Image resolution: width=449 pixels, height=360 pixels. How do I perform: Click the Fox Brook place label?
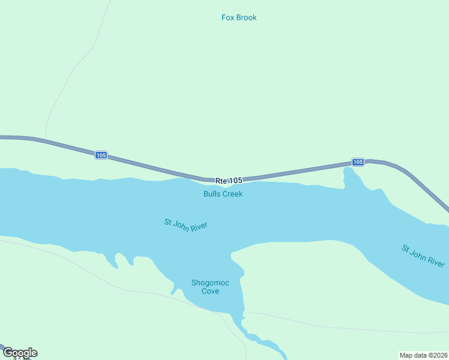click(239, 17)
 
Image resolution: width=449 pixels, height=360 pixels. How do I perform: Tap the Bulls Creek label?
click(223, 194)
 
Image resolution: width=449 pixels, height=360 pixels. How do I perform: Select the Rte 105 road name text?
click(229, 180)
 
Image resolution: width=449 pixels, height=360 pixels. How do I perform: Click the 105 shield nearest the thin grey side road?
click(101, 155)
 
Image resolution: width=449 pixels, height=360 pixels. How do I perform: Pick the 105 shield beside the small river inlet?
click(358, 162)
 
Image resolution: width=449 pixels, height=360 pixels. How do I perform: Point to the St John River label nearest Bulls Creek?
click(185, 224)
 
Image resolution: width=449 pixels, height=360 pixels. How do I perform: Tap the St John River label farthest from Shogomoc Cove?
click(424, 256)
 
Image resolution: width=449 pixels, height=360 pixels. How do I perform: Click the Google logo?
click(20, 353)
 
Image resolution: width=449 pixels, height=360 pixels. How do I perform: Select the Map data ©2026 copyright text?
click(424, 355)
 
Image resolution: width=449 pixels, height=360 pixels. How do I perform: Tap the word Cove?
click(210, 291)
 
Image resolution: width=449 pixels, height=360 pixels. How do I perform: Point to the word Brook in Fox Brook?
click(247, 17)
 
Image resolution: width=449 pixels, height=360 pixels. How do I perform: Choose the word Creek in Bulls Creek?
click(233, 194)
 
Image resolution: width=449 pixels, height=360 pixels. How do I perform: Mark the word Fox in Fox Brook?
click(228, 17)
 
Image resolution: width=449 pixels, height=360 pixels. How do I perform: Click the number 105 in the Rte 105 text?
click(236, 180)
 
